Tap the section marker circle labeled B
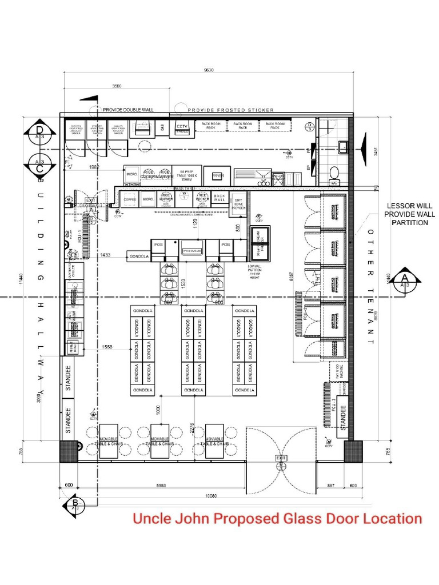(x=75, y=504)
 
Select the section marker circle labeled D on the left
(x=39, y=133)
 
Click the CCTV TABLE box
(x=182, y=129)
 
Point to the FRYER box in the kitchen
(x=218, y=176)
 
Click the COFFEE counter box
(x=130, y=199)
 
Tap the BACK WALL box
(x=219, y=198)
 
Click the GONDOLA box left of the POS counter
(x=138, y=257)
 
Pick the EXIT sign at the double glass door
(x=280, y=458)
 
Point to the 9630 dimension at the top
(x=208, y=70)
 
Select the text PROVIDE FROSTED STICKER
(x=231, y=110)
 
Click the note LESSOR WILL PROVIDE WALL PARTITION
(x=410, y=214)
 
